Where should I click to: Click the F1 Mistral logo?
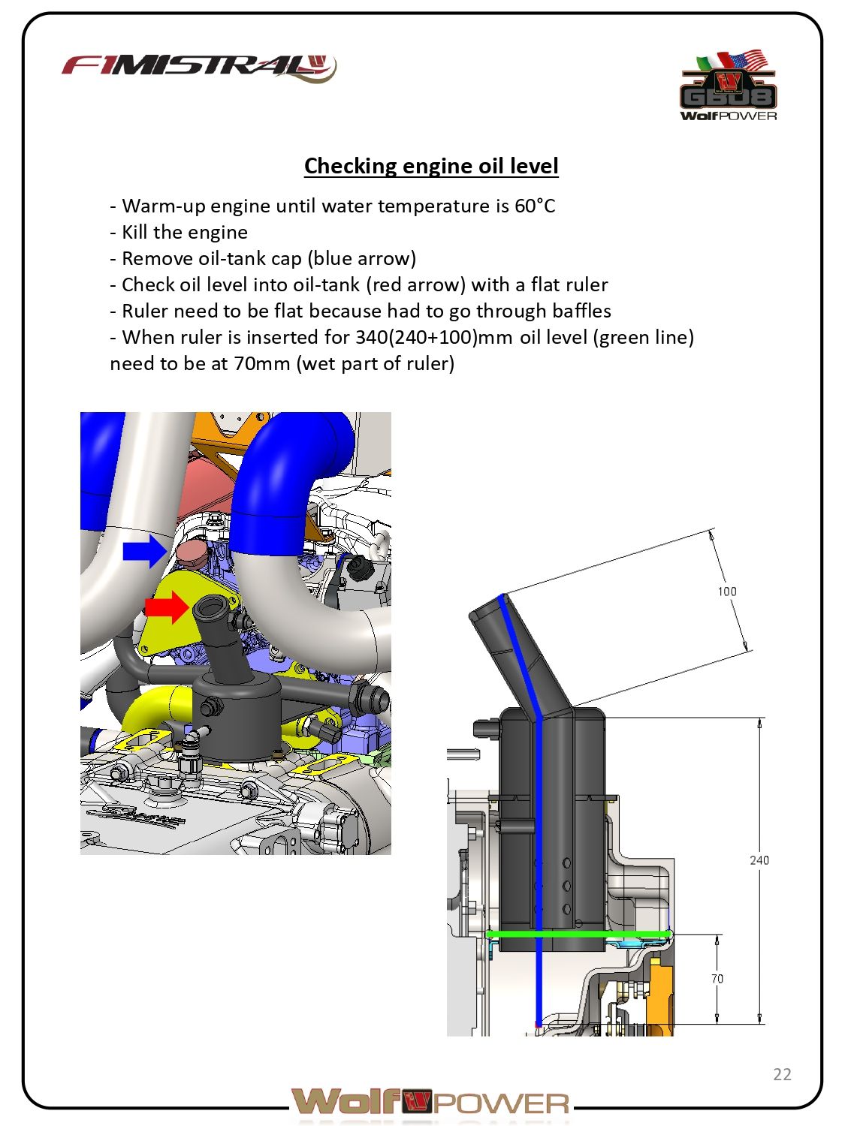(x=199, y=68)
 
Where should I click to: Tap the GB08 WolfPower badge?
(x=728, y=86)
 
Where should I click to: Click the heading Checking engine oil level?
(x=431, y=166)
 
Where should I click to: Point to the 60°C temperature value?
(x=535, y=206)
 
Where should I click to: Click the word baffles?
(x=581, y=311)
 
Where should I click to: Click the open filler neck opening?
(x=213, y=605)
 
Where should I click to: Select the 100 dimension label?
(x=726, y=592)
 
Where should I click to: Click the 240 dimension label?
(x=759, y=860)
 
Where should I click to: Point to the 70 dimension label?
(x=717, y=979)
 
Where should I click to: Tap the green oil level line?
(x=578, y=934)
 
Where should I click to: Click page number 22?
(x=782, y=1074)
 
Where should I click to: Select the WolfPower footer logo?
(x=431, y=1102)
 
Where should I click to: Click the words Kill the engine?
(x=184, y=233)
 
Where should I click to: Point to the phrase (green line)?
(x=643, y=337)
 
